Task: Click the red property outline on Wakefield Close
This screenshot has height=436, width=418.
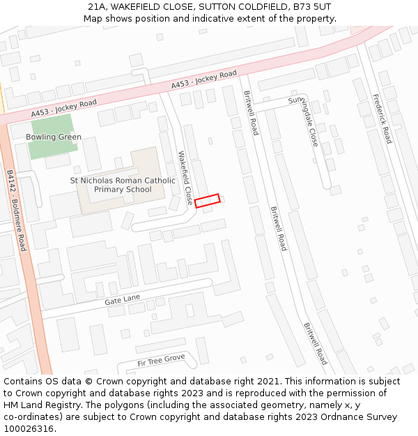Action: click(207, 201)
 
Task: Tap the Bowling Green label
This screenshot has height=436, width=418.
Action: click(54, 137)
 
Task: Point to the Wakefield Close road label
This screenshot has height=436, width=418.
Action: click(184, 178)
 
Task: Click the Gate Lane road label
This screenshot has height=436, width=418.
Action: click(123, 299)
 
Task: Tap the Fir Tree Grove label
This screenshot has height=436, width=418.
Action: click(161, 360)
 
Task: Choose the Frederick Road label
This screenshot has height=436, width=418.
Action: click(382, 119)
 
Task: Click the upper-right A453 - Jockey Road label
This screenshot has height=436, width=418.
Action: click(204, 79)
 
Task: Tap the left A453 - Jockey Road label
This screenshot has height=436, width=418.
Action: click(63, 108)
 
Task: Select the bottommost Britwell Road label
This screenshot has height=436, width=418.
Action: click(315, 343)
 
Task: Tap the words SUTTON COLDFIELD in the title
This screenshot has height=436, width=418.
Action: click(238, 7)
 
